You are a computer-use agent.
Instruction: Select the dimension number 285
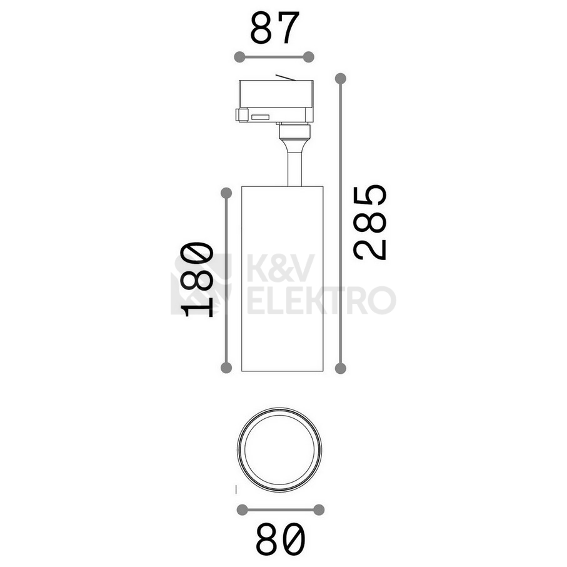(370, 222)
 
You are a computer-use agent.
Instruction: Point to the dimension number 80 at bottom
(281, 539)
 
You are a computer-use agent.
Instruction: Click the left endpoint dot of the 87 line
(239, 58)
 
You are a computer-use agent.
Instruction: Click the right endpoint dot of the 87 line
(308, 58)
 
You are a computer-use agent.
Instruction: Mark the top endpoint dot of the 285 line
(340, 79)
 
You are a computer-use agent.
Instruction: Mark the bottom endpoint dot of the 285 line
(340, 368)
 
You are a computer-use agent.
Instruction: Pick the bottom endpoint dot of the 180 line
(227, 368)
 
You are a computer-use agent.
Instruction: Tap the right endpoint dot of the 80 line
(319, 509)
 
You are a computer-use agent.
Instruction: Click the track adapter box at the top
(275, 100)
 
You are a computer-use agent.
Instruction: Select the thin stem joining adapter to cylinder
(293, 166)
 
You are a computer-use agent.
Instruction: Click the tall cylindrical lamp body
(281, 278)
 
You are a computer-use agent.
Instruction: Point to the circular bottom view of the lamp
(281, 449)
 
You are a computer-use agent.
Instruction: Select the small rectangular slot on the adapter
(259, 116)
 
